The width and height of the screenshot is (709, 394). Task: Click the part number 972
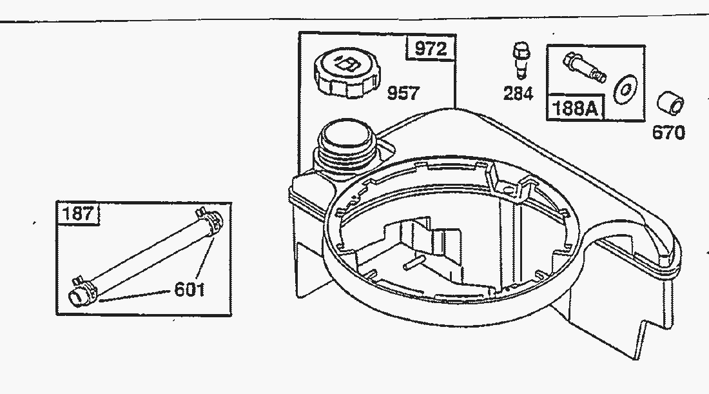coord(431,48)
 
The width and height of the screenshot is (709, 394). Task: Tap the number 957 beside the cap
coord(403,94)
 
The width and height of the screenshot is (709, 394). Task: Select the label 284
coord(518,94)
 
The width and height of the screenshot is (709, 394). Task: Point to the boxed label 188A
coord(575,108)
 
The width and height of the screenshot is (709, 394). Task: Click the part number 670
coord(668,133)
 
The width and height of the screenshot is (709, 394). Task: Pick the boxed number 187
coord(78,213)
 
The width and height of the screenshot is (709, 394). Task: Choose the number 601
coord(189,290)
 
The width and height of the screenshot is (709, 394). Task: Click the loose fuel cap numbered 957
coord(347,74)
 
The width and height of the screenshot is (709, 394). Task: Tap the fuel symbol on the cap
coord(347,63)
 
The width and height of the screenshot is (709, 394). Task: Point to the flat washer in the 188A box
coord(625,90)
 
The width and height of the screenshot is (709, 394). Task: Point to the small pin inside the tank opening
coord(414,263)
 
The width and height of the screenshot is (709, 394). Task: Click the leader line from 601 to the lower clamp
coord(135,295)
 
